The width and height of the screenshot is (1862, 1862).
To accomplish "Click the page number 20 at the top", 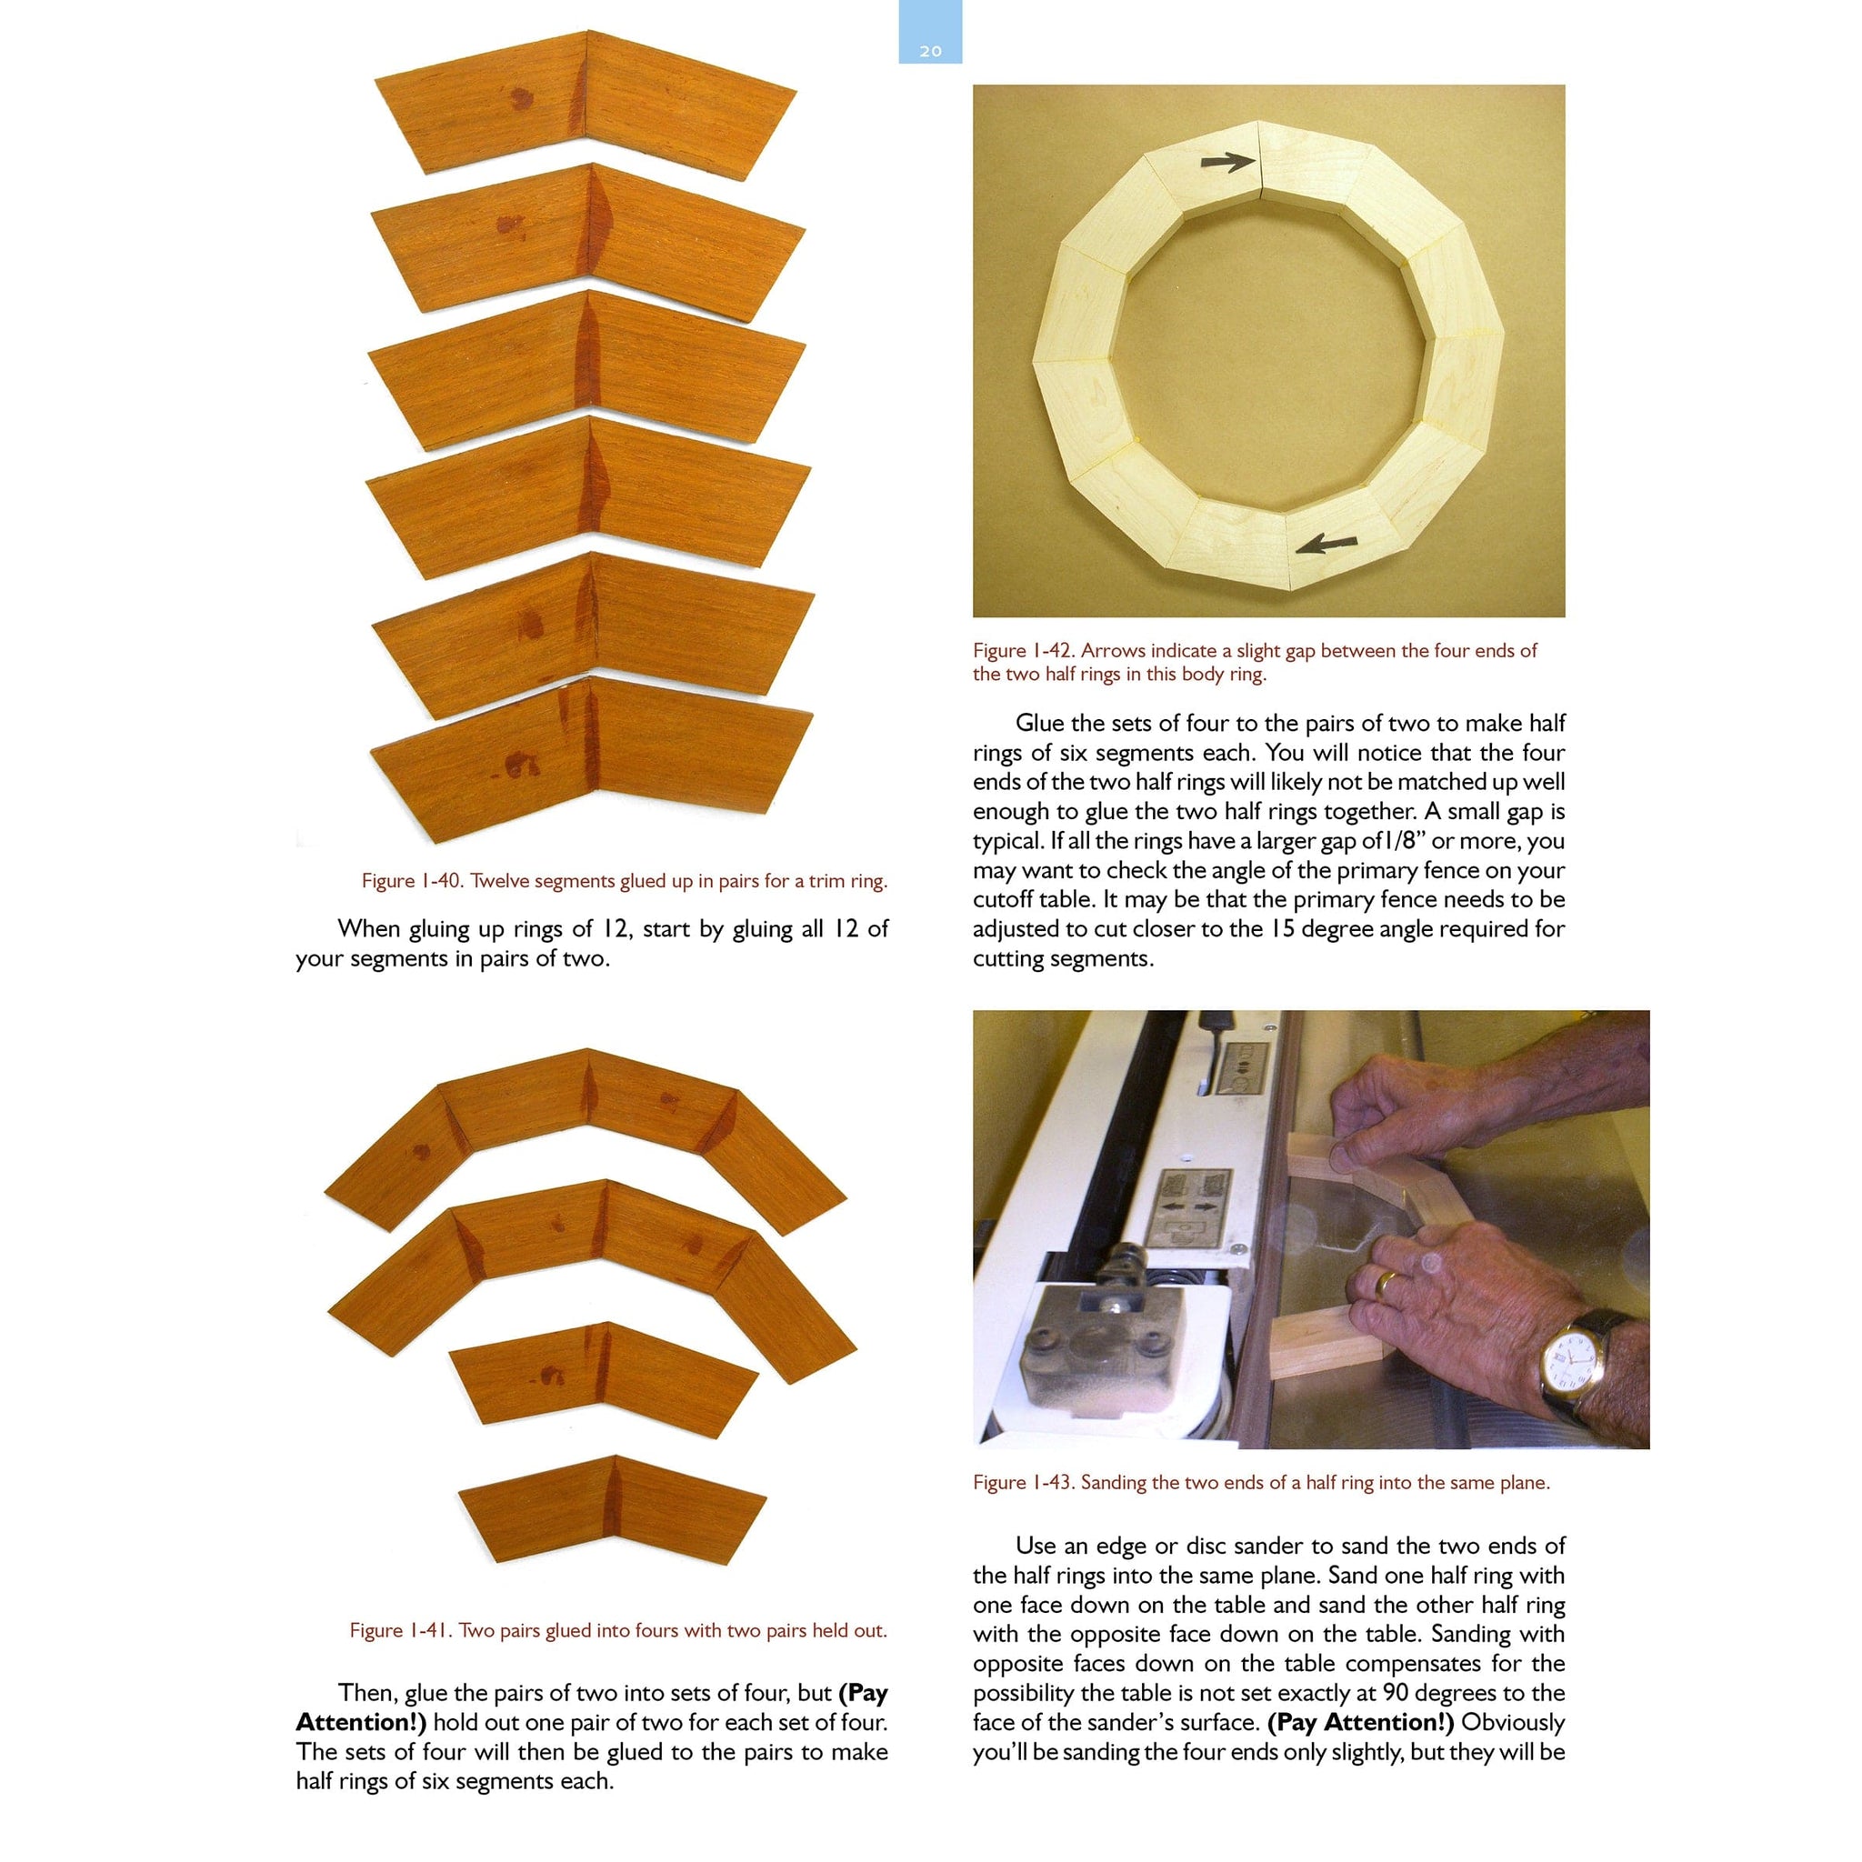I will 930,51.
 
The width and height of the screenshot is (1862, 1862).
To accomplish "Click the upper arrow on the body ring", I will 1229,162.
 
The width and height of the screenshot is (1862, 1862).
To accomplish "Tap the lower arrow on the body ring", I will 1326,545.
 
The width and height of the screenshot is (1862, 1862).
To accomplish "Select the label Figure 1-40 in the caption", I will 412,881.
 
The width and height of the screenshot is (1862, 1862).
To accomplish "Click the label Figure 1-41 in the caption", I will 400,1630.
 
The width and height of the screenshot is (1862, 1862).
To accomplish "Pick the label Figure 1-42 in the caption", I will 1023,651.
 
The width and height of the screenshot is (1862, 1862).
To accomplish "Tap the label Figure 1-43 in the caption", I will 1023,1482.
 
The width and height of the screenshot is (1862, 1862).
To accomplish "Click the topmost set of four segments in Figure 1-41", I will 586,1127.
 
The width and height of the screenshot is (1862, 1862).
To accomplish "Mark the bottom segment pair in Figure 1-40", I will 590,758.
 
